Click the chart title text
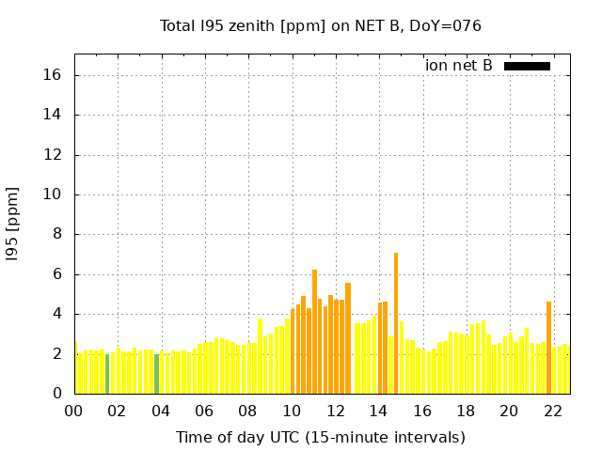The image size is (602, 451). tap(321, 25)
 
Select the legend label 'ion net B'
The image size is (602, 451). tap(459, 66)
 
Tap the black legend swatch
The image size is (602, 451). tap(527, 66)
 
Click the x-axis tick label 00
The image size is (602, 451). tap(74, 411)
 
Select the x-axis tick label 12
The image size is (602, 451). tap(336, 411)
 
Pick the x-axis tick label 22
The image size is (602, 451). tap(553, 411)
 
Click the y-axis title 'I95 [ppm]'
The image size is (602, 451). tap(13, 234)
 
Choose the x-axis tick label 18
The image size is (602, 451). tap(466, 411)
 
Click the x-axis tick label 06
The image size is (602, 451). tap(205, 411)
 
